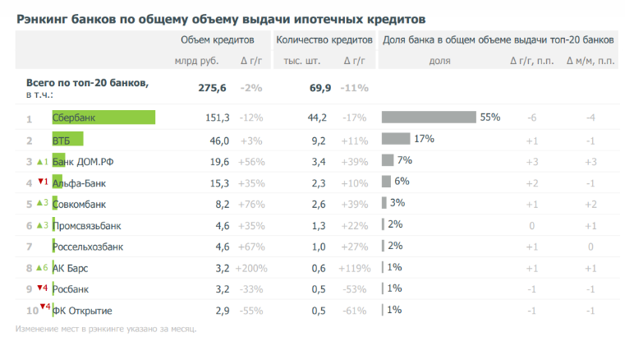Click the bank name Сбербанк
pyautogui.click(x=74, y=118)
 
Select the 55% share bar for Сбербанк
pyautogui.click(x=429, y=118)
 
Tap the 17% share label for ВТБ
pyautogui.click(x=424, y=139)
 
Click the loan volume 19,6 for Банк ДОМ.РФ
pyautogui.click(x=217, y=161)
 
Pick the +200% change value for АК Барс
pyautogui.click(x=251, y=268)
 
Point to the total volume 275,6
pyautogui.click(x=213, y=88)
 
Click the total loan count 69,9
pyautogui.click(x=320, y=88)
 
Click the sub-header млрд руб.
pyautogui.click(x=196, y=61)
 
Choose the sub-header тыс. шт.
pyautogui.click(x=301, y=61)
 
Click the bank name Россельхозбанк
pyautogui.click(x=87, y=246)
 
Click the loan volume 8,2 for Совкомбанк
pyautogui.click(x=219, y=204)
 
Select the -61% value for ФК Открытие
pyautogui.click(x=355, y=311)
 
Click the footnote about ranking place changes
pyautogui.click(x=106, y=330)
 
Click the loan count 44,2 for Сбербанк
pyautogui.click(x=317, y=118)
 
